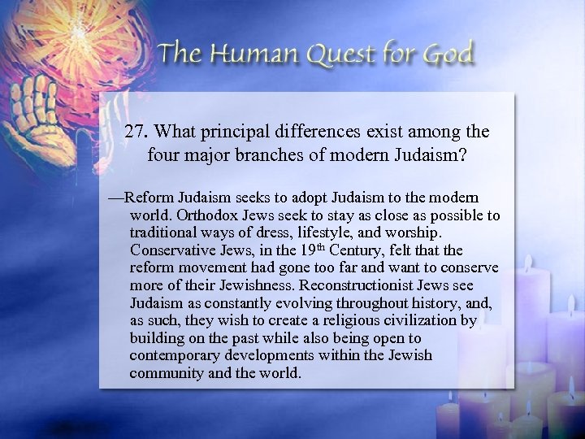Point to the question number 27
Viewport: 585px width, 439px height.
click(x=136, y=131)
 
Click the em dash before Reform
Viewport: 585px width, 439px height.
click(x=116, y=198)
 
